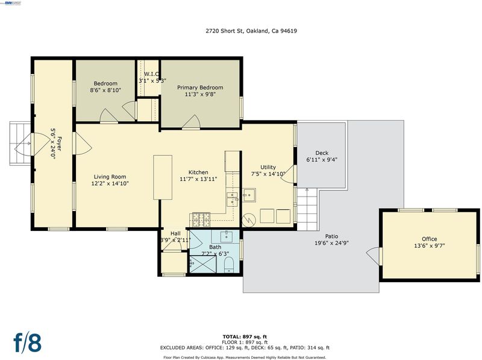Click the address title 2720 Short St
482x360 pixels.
251,31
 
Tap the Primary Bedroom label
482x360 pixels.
200,87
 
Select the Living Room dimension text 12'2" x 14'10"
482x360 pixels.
110,184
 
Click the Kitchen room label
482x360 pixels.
198,172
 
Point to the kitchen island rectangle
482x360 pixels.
163,177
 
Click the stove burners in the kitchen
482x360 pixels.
202,219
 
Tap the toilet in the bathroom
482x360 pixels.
229,265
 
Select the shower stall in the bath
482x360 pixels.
203,264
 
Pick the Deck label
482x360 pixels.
322,153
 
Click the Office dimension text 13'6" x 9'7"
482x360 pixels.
430,246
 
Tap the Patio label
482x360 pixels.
331,236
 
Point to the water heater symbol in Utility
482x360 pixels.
249,219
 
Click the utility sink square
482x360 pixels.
249,195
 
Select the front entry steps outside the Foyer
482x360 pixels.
20,144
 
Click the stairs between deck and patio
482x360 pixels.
307,209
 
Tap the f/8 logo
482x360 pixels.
27,341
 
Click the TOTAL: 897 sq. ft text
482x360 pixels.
245,336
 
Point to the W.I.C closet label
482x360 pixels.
152,74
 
